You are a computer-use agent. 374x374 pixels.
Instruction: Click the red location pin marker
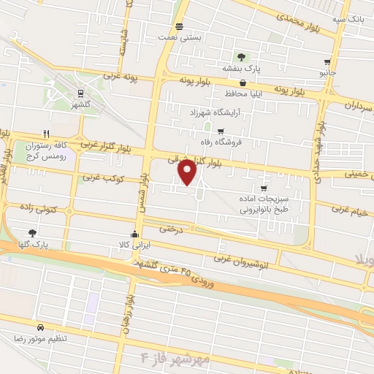pos(188,172)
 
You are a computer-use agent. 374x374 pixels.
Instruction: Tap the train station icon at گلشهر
pos(80,93)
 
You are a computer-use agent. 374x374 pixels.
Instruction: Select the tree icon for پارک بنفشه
pos(241,56)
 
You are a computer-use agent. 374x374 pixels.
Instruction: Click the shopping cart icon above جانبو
pos(327,62)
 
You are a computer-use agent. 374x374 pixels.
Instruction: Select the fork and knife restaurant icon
pos(45,134)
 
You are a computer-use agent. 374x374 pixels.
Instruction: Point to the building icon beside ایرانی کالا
pos(134,234)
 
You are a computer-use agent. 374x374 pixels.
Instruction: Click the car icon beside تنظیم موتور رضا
pos(39,327)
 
